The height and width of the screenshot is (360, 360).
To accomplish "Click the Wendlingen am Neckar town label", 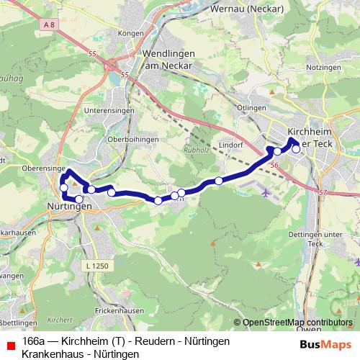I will coord(166,60).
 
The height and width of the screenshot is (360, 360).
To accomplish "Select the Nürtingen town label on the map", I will coord(69,206).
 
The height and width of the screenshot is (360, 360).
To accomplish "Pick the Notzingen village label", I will coord(323,67).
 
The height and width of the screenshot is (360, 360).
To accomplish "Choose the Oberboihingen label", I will coord(129,139).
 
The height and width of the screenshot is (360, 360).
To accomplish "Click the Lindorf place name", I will coord(231,144).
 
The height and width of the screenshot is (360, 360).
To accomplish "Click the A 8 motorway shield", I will coord(49,25).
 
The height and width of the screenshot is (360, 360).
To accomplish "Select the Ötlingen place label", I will coord(248,107).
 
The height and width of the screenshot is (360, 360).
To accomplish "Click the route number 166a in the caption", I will coord(33,340).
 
